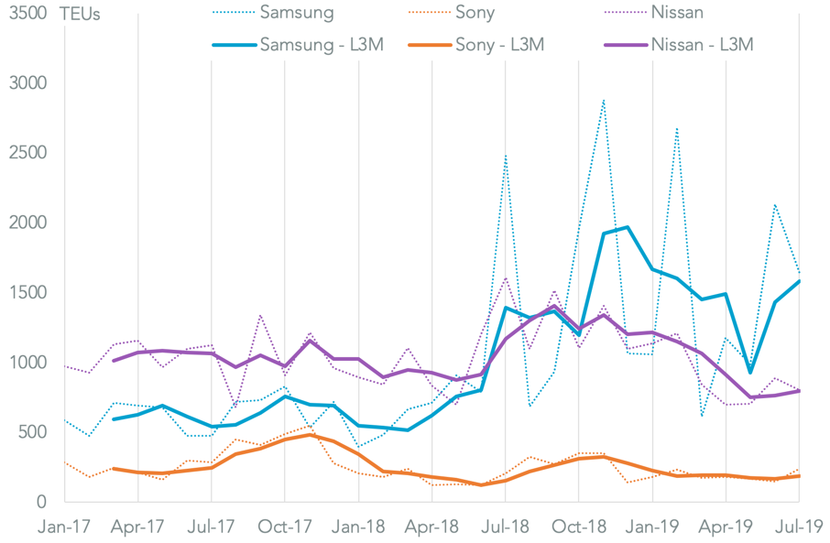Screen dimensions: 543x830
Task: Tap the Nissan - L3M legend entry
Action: (x=704, y=43)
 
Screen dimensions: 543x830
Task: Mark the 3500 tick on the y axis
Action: (x=29, y=14)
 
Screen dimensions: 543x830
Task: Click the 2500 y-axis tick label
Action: (x=29, y=153)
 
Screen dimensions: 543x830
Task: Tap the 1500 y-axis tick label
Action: (x=29, y=292)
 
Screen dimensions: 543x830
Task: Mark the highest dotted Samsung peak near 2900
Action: (x=603, y=100)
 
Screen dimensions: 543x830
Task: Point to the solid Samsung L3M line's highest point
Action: (x=628, y=227)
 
